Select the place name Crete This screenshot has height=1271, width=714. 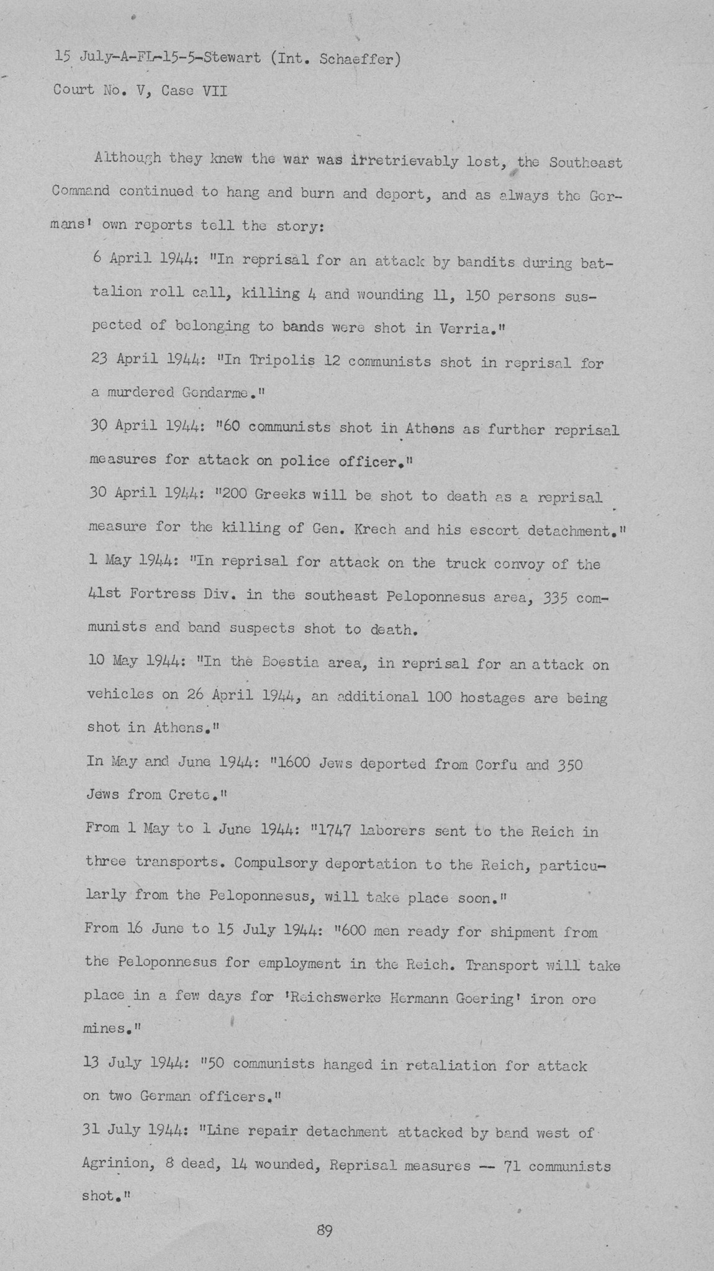[191, 795]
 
